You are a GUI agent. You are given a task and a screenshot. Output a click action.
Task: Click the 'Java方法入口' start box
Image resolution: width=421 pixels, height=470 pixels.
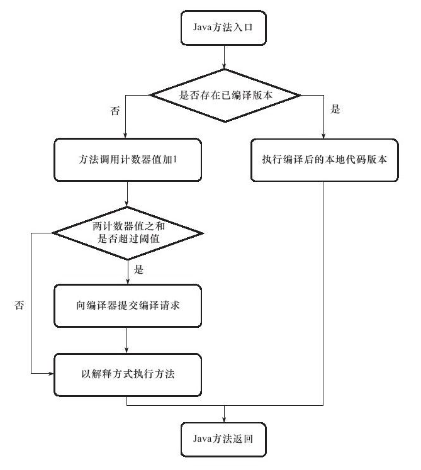(x=223, y=28)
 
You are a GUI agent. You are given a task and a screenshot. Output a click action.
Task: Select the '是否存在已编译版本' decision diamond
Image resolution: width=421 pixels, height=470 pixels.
(x=225, y=96)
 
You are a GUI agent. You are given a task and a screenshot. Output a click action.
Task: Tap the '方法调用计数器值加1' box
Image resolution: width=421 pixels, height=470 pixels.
(x=128, y=160)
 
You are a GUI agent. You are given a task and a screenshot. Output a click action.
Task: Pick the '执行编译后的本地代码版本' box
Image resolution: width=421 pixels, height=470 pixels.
(x=325, y=160)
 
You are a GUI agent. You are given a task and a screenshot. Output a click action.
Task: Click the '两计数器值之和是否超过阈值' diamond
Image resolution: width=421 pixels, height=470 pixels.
(x=128, y=233)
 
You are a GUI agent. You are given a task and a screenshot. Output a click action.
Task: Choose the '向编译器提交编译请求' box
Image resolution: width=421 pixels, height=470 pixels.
(x=128, y=305)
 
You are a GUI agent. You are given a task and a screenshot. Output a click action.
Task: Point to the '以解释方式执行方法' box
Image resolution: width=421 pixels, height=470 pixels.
(x=128, y=375)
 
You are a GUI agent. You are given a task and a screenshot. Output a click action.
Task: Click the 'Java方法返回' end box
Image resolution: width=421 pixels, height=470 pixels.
(x=223, y=439)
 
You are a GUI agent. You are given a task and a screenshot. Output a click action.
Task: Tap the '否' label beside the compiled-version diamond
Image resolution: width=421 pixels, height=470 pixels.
(x=115, y=111)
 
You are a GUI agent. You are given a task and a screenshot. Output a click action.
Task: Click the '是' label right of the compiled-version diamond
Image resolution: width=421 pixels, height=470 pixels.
(x=335, y=109)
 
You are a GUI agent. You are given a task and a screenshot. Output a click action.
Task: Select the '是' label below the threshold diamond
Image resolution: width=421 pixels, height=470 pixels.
(x=138, y=269)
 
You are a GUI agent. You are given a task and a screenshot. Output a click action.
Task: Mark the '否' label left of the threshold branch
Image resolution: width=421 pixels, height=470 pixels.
(x=19, y=305)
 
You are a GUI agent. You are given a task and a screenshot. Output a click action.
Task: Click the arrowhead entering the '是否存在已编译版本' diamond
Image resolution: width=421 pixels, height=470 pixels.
(x=224, y=66)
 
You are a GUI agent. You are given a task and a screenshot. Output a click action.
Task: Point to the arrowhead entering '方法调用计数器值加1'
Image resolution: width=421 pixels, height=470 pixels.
(x=125, y=135)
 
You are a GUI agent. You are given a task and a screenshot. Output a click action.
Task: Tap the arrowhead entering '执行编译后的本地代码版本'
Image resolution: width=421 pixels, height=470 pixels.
(x=323, y=136)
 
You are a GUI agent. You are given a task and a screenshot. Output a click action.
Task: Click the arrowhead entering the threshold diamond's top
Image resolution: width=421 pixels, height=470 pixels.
(x=127, y=203)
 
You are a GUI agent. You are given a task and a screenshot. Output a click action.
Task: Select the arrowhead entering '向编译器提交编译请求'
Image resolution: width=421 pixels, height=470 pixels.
(x=128, y=281)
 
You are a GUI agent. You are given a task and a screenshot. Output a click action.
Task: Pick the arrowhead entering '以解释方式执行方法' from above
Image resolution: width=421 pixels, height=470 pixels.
(x=126, y=350)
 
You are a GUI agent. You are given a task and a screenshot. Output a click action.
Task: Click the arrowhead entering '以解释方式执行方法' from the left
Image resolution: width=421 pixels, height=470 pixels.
(x=51, y=374)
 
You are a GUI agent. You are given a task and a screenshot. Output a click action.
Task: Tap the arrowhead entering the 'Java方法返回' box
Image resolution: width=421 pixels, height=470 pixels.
(x=224, y=419)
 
